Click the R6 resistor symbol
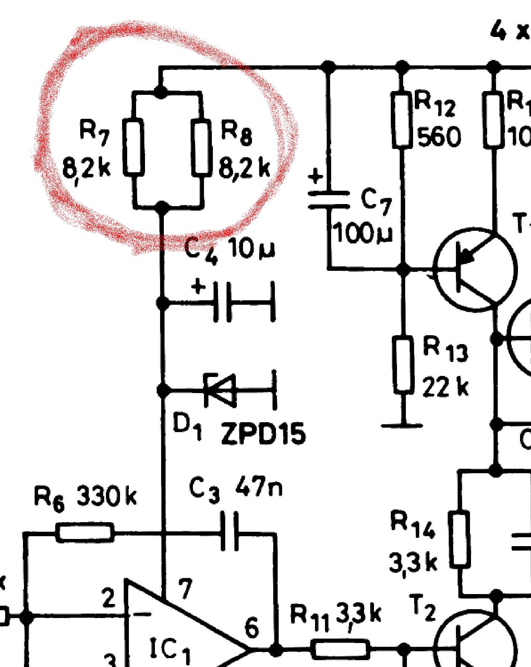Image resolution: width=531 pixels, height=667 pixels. [x=85, y=532]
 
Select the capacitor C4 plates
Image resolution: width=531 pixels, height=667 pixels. [x=222, y=302]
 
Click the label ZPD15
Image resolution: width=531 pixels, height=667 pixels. [x=263, y=434]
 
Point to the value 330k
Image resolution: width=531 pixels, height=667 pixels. [x=106, y=496]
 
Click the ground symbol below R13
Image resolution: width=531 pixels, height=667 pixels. [x=402, y=426]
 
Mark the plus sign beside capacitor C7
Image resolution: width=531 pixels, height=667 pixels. [x=316, y=177]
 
